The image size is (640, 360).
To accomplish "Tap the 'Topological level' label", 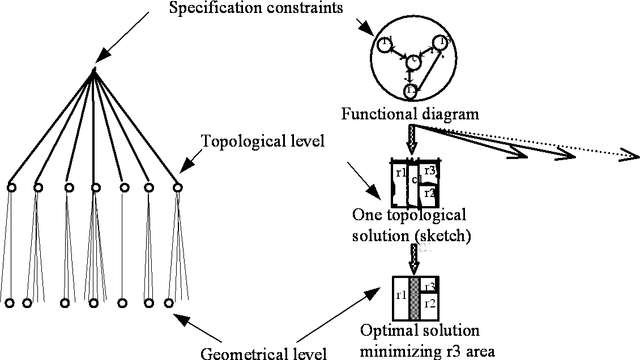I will point(263,141).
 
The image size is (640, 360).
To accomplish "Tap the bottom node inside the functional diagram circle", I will point(410,91).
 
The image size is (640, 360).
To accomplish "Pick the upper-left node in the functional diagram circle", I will point(385,45).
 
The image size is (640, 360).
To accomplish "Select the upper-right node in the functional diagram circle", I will point(438,44).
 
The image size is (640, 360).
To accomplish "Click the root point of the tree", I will point(93,70).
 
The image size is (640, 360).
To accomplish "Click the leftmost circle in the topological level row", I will point(11,187).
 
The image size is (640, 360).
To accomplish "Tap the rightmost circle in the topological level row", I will point(178,187).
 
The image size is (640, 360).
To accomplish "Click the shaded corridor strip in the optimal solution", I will point(416,298).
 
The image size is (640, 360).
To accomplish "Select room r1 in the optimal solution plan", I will point(400,297).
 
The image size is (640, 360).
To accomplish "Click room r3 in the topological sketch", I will point(429,172).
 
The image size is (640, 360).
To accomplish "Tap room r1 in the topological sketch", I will point(400,174).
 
